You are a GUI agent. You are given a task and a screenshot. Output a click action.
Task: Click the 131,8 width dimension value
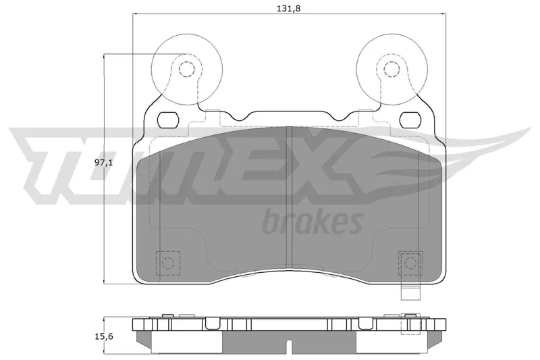pyautogui.click(x=289, y=8)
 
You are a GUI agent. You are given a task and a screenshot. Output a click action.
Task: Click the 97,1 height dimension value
pyautogui.click(x=104, y=163)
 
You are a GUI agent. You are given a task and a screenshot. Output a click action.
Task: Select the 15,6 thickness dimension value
pyautogui.click(x=104, y=336)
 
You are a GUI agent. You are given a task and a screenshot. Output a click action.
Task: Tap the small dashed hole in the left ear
pyautogui.click(x=187, y=69)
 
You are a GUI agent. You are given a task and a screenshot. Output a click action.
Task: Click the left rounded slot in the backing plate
pyautogui.click(x=168, y=120)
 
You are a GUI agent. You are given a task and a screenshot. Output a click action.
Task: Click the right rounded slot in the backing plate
pyautogui.click(x=410, y=120)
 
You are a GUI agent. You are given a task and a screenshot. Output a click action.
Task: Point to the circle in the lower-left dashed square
pyautogui.click(x=168, y=263)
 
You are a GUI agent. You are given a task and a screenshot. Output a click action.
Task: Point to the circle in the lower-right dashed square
pyautogui.click(x=410, y=263)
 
